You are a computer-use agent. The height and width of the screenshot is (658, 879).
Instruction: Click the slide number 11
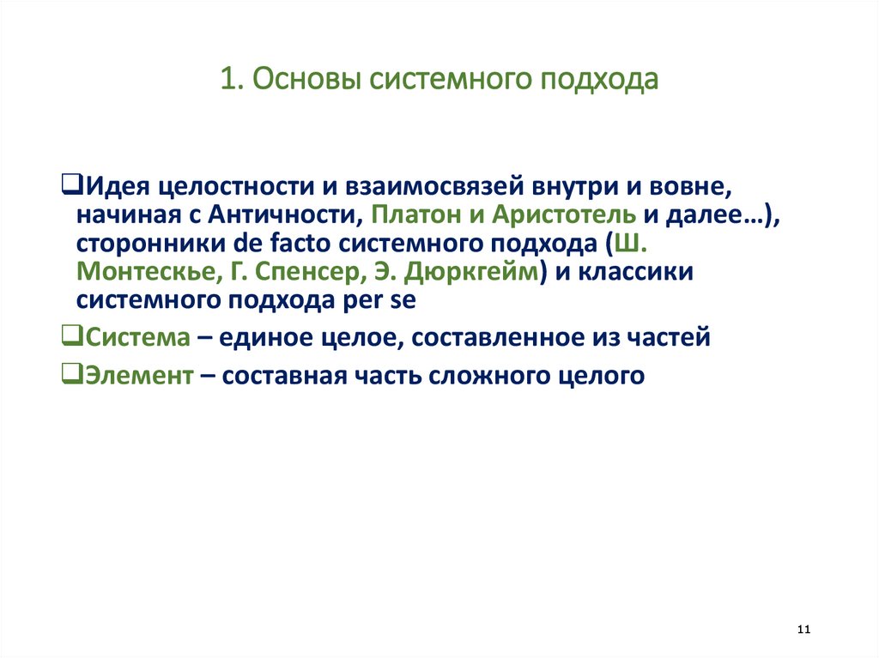pos(803,631)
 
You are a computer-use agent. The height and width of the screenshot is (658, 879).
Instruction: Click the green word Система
pos(137,337)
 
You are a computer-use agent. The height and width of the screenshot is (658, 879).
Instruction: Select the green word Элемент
pos(137,375)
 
